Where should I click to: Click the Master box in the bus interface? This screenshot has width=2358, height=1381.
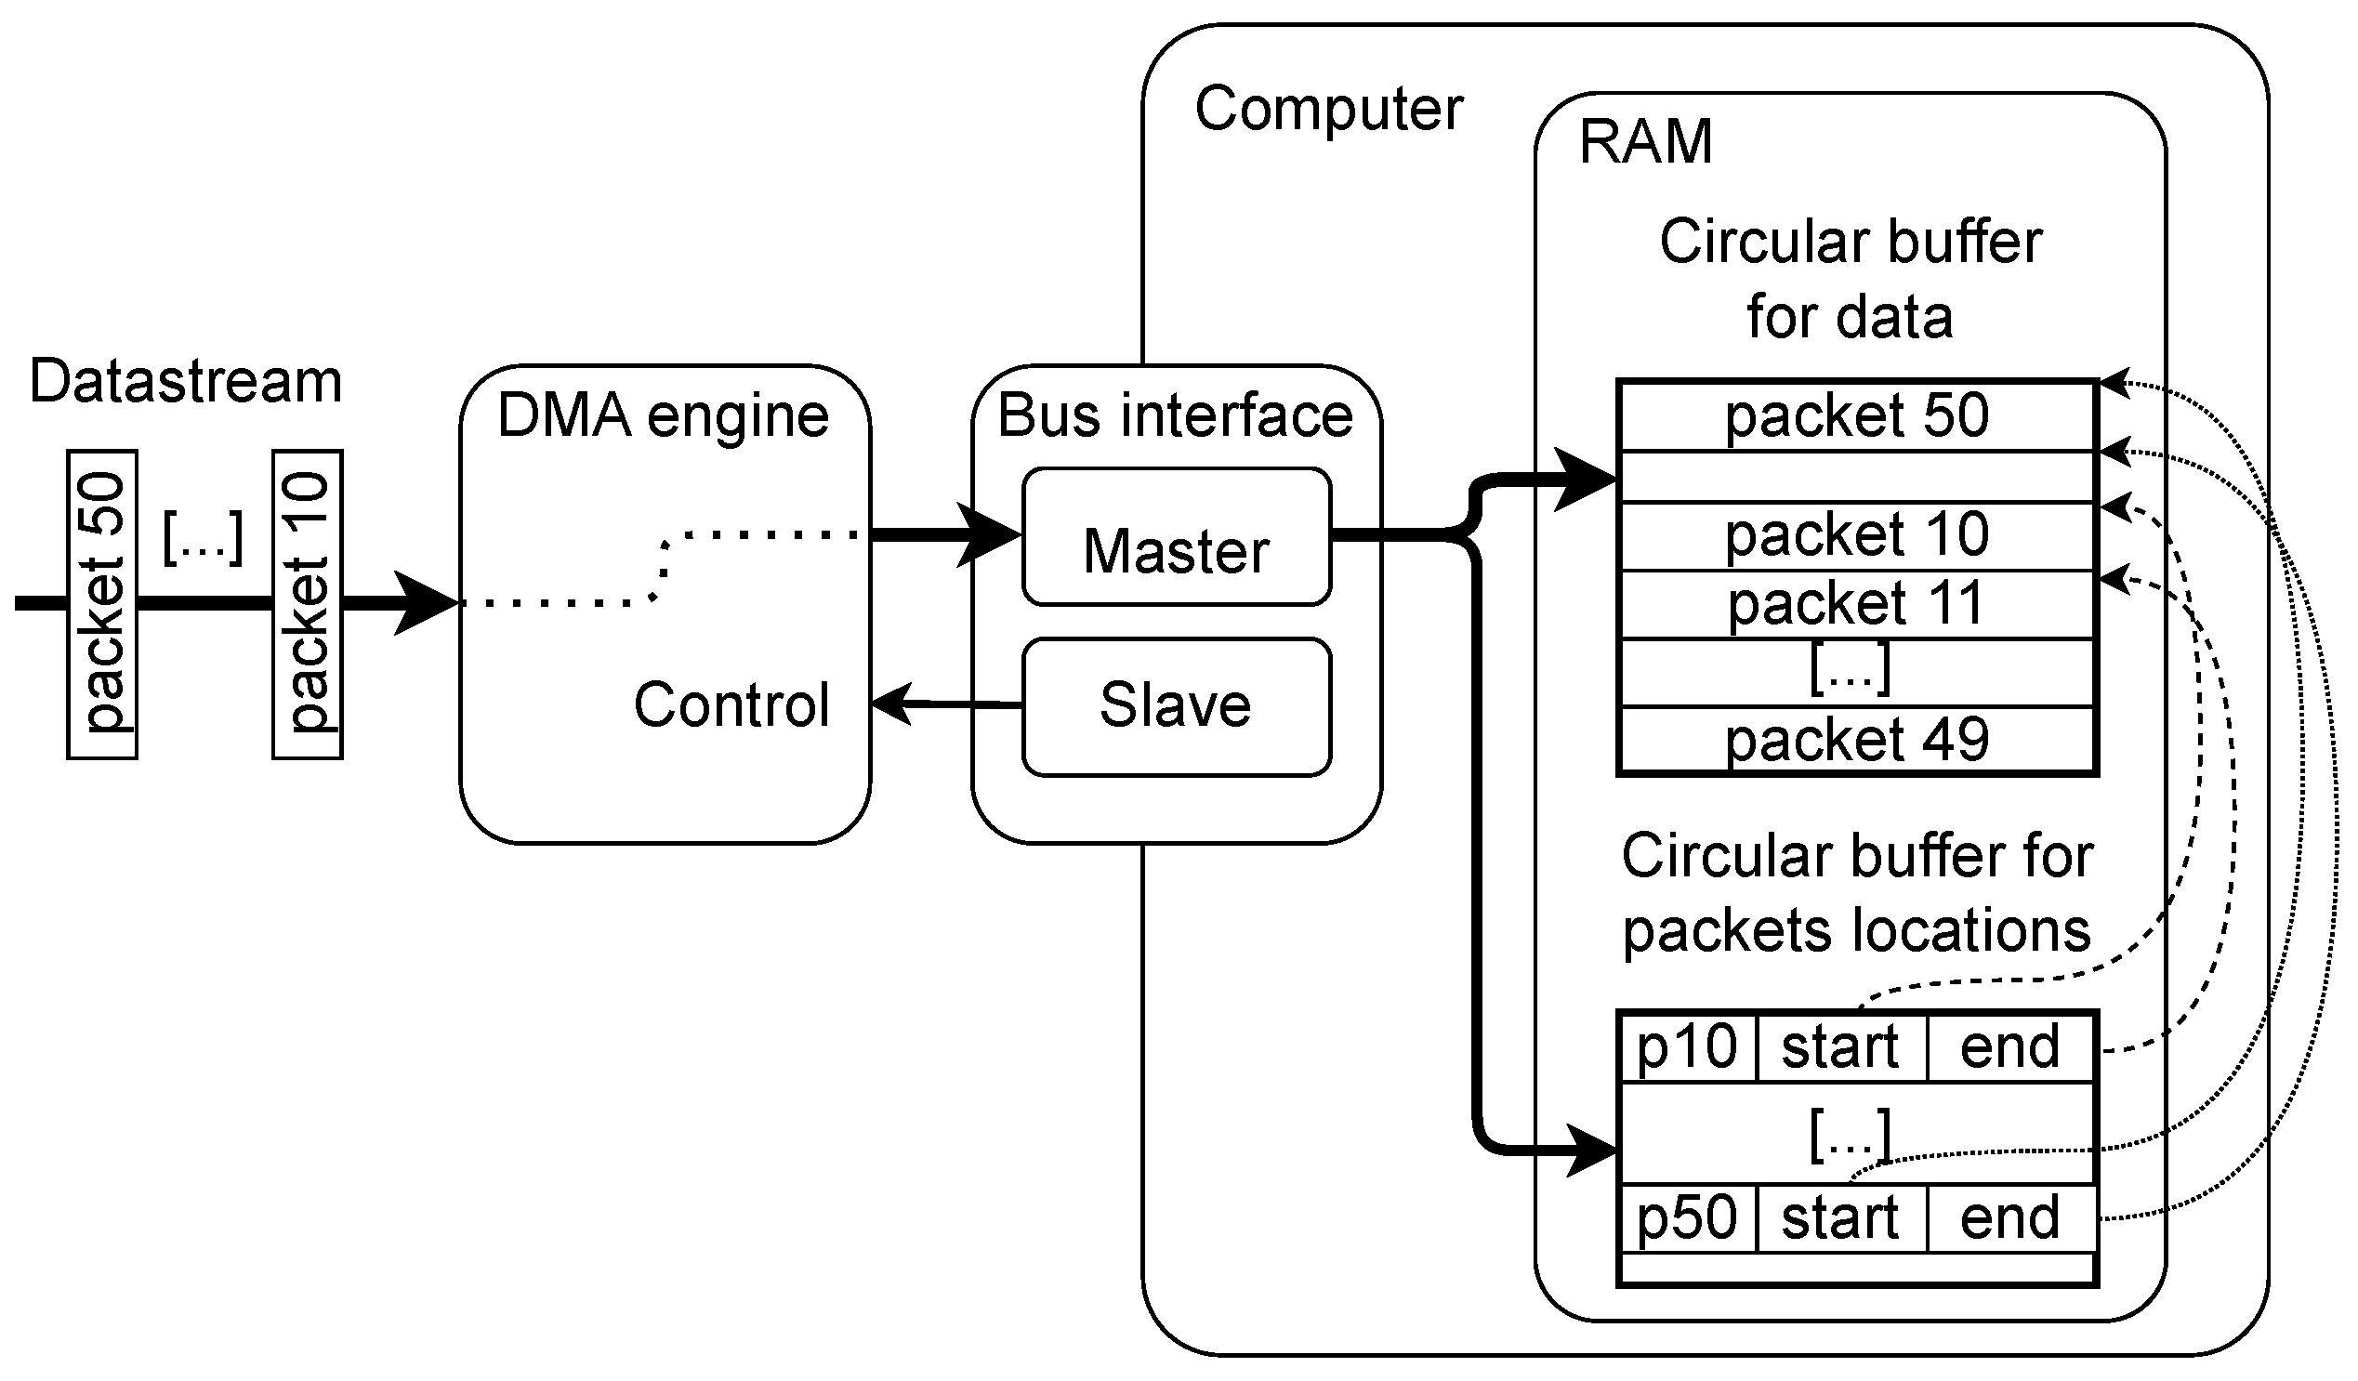(x=1176, y=538)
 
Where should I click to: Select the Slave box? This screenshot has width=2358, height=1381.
(x=1176, y=707)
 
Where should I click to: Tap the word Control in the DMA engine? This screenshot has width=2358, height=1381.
(x=731, y=704)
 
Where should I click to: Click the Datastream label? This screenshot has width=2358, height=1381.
(x=185, y=382)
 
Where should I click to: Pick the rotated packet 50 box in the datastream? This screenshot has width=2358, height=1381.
(x=102, y=604)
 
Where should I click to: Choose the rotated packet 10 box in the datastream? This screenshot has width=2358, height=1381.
(x=307, y=604)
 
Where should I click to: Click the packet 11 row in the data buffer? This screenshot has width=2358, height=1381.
(x=1856, y=604)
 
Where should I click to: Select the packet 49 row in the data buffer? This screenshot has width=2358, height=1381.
(x=1856, y=740)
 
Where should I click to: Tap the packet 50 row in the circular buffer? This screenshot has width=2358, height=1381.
(x=1856, y=416)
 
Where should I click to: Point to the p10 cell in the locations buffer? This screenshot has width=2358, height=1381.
(x=1686, y=1046)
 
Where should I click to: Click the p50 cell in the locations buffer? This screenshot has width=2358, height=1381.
(x=1686, y=1217)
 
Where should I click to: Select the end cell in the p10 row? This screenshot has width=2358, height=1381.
(x=2009, y=1046)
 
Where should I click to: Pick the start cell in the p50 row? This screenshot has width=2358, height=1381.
(x=1839, y=1217)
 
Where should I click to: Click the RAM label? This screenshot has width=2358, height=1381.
(x=1645, y=142)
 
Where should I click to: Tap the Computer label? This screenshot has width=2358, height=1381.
(x=1329, y=109)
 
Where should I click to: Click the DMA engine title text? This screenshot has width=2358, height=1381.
(x=663, y=415)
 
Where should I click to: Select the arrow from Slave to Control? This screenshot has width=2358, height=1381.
(x=945, y=703)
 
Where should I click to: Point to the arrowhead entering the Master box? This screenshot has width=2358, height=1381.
(x=992, y=535)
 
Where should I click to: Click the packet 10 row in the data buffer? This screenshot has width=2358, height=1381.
(x=1856, y=535)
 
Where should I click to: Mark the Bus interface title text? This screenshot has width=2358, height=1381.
(x=1175, y=415)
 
